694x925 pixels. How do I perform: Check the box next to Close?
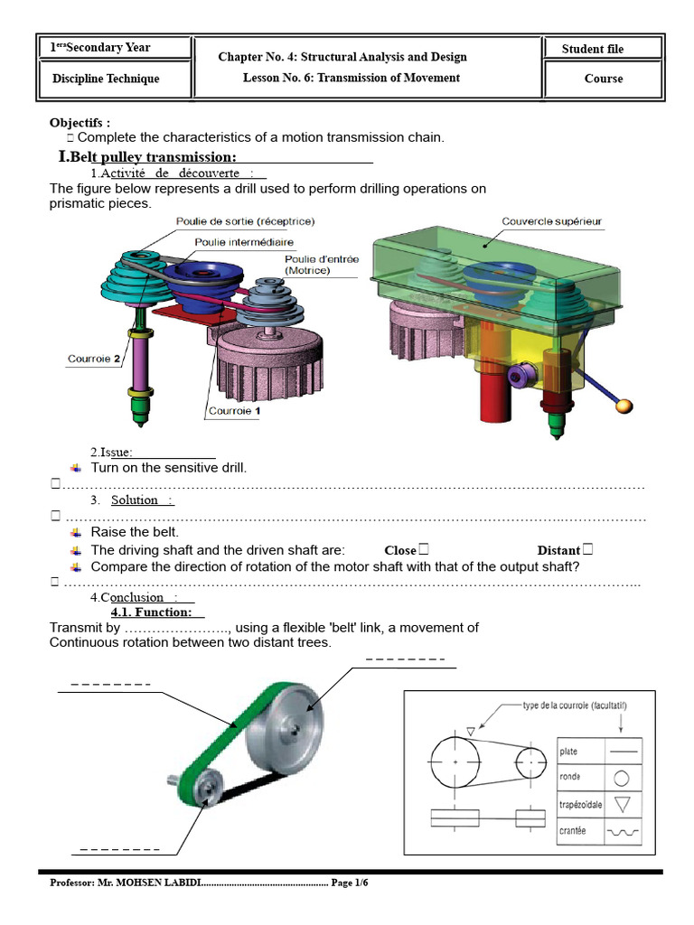pyautogui.click(x=423, y=549)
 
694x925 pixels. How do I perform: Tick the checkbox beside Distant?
pyautogui.click(x=587, y=549)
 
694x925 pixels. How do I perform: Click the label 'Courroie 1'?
pyautogui.click(x=234, y=411)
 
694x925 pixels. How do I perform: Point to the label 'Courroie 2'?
pyautogui.click(x=94, y=359)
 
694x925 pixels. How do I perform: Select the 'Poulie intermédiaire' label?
pyautogui.click(x=244, y=242)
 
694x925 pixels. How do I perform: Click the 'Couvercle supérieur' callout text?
pyautogui.click(x=551, y=221)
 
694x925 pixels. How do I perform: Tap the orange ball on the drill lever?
pyautogui.click(x=624, y=406)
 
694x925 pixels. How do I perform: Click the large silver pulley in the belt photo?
pyautogui.click(x=285, y=728)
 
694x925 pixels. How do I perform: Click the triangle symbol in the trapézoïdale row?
pyautogui.click(x=622, y=804)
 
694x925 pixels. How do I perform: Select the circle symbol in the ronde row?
pyautogui.click(x=622, y=778)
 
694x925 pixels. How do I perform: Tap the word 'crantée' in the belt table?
pyautogui.click(x=572, y=831)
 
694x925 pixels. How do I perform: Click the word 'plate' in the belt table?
pyautogui.click(x=568, y=751)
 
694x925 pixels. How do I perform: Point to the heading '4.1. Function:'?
pyautogui.click(x=152, y=612)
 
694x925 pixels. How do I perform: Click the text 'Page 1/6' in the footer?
pyautogui.click(x=350, y=883)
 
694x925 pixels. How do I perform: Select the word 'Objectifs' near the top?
pyautogui.click(x=76, y=123)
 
